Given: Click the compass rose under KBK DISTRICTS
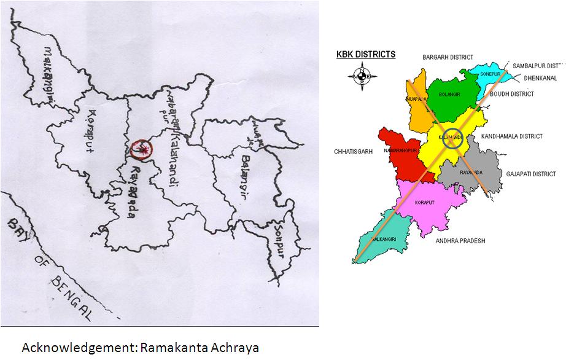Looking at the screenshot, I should (x=360, y=76).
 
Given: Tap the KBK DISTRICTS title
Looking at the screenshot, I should (x=366, y=55).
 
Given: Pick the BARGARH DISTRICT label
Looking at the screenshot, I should (x=448, y=57).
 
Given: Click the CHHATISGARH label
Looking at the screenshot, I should (x=354, y=151).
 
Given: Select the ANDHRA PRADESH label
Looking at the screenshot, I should (x=460, y=241).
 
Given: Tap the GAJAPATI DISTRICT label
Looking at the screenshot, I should (x=531, y=174).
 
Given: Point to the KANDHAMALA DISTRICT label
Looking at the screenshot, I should (x=512, y=136).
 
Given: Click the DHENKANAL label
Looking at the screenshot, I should (x=540, y=78).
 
